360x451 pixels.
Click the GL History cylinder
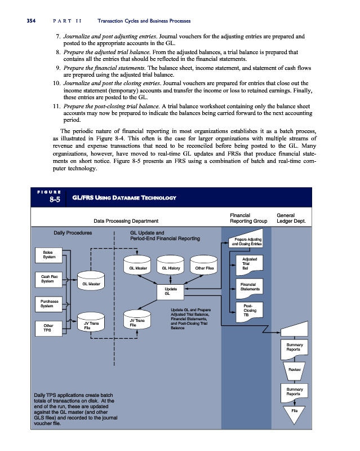[171, 268]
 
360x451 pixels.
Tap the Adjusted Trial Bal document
[246, 263]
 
